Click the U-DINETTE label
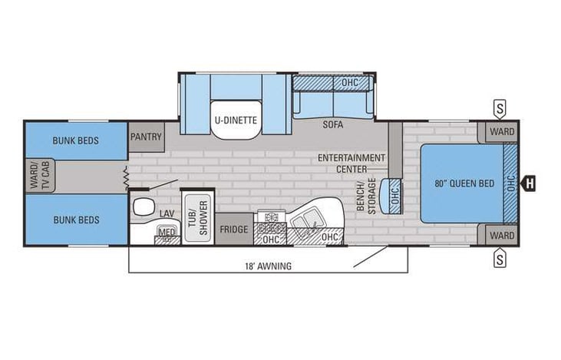(x=236, y=119)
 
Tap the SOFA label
(x=332, y=124)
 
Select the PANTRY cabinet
(x=146, y=137)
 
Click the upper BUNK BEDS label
(x=75, y=140)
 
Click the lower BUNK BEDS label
(x=75, y=220)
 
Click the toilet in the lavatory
(x=141, y=206)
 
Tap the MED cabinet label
(x=166, y=232)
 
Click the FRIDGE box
(x=234, y=229)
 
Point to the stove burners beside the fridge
(x=270, y=222)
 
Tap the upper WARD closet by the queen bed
(x=502, y=131)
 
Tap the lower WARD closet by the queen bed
(x=502, y=235)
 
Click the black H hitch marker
(x=530, y=183)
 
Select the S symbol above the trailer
(x=500, y=108)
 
